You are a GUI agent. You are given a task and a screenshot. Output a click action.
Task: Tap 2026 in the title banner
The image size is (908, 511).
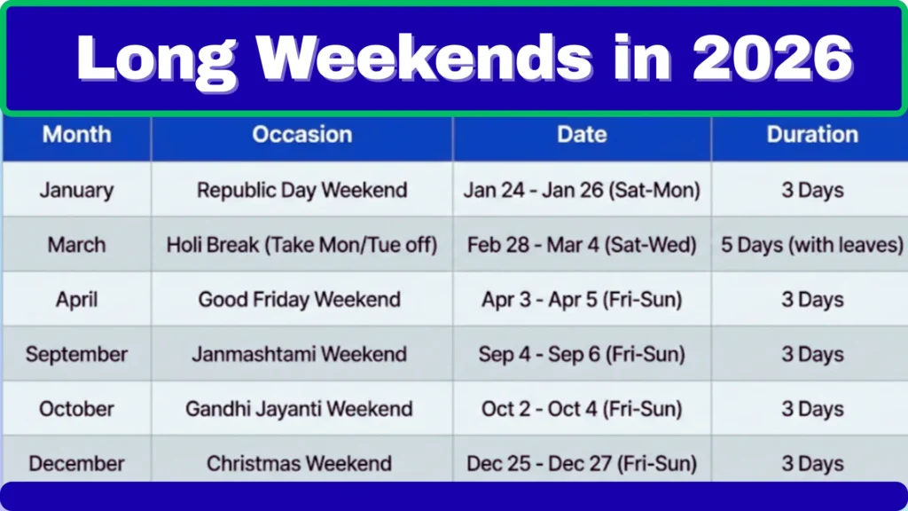(x=772, y=59)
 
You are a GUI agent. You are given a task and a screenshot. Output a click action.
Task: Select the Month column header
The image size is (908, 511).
(x=77, y=135)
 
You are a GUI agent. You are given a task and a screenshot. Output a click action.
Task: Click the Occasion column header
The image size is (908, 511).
(x=302, y=135)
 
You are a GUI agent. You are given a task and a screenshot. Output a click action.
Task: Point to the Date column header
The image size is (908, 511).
(x=582, y=135)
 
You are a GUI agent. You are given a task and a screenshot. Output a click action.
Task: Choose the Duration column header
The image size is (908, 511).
(x=812, y=135)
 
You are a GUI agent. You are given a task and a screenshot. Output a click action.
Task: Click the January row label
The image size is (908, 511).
(x=77, y=190)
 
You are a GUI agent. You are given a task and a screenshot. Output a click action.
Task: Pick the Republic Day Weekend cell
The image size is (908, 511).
(x=302, y=190)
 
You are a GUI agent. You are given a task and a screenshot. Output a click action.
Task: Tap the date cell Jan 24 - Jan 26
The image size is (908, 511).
(x=582, y=190)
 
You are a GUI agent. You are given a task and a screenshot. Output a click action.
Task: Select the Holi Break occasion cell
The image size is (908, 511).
(x=302, y=245)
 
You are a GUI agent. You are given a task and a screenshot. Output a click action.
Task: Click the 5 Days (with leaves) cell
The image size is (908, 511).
(x=812, y=245)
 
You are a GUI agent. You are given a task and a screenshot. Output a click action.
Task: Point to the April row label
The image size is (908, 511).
(x=77, y=300)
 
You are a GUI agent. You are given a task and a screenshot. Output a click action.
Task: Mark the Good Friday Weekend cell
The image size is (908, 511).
(x=302, y=300)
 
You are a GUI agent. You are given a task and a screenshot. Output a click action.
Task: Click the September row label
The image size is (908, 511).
(x=77, y=355)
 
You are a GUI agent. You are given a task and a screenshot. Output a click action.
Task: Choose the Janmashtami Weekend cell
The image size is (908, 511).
(x=302, y=355)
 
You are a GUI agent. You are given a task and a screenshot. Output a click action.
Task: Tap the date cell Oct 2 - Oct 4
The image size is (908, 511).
(x=582, y=409)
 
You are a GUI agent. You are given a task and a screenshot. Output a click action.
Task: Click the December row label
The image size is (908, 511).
(x=77, y=463)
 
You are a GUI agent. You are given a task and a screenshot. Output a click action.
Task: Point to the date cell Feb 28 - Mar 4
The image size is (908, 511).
(x=582, y=245)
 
